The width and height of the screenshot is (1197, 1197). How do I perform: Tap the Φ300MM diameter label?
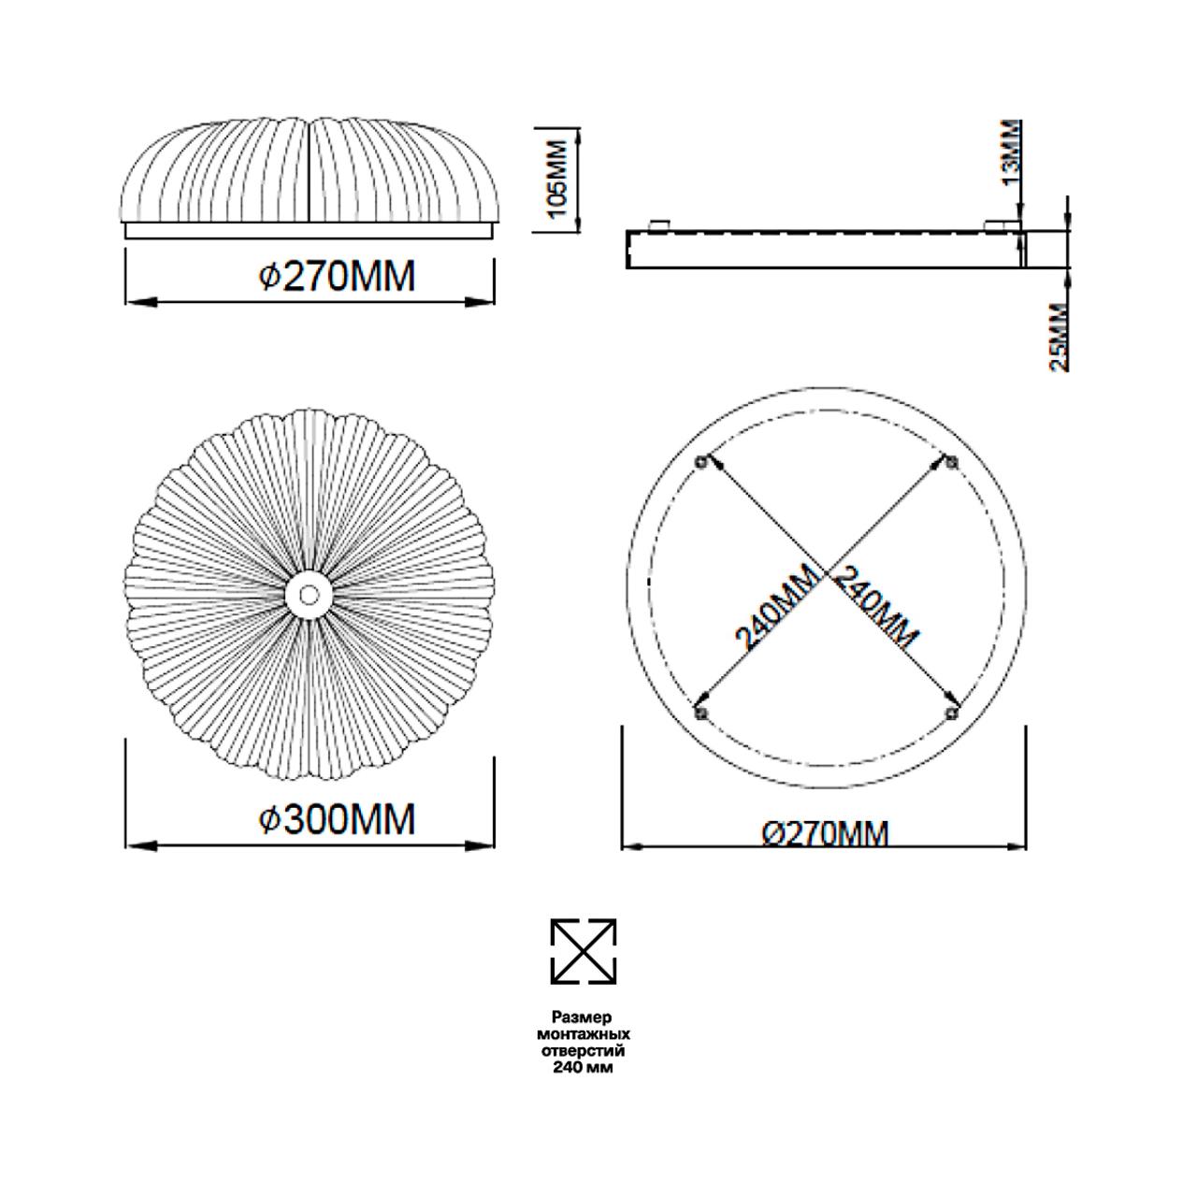point(338,818)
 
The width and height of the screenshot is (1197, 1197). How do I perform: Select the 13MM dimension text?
point(1012,154)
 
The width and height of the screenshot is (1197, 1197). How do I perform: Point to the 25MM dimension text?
point(1060,338)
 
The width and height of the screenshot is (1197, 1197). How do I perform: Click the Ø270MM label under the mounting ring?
point(826,833)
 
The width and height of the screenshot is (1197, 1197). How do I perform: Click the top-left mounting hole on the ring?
point(701,462)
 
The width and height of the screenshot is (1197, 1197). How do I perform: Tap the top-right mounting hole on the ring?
point(951,462)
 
